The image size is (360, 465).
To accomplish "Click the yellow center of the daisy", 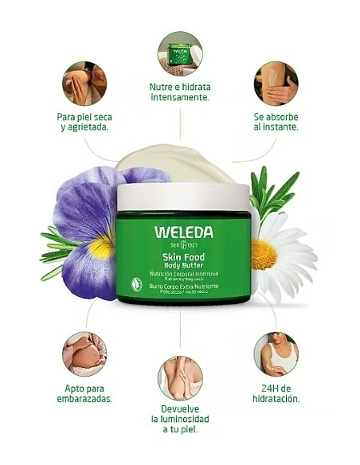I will (x=264, y=254).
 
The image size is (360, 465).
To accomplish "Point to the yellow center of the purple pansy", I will (x=101, y=248).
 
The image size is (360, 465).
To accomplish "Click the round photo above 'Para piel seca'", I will (x=84, y=83).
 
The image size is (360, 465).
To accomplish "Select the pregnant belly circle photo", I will (x=84, y=354).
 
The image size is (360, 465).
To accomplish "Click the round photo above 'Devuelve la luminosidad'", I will (x=180, y=377).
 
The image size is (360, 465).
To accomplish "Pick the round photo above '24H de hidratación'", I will (x=276, y=354).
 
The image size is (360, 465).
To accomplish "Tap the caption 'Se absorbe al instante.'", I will (x=276, y=121).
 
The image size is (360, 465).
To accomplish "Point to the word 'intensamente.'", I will (x=180, y=98).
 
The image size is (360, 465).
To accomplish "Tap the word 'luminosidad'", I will (x=180, y=418).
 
